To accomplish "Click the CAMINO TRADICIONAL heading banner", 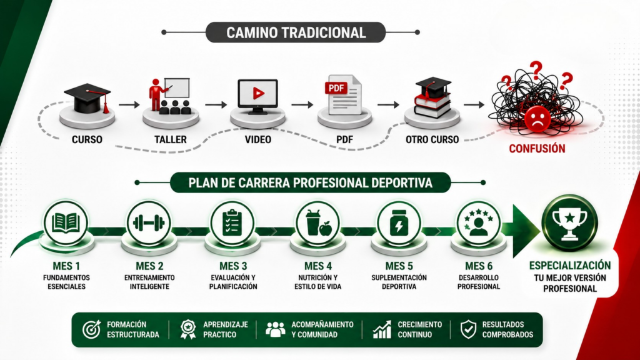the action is (296, 32).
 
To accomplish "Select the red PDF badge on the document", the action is (336, 88).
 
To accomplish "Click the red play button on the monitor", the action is (258, 94).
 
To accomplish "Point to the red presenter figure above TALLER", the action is (156, 95).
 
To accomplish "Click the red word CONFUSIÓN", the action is (537, 149).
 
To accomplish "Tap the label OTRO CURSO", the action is (432, 139).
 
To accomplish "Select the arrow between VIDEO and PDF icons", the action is (302, 105).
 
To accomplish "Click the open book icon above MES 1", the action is (66, 223).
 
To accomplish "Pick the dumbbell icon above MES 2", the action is (149, 223).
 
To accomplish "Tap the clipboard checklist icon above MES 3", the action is (232, 222).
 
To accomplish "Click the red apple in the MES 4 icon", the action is (326, 229).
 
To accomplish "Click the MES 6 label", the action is (479, 266).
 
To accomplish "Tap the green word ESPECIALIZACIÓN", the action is (570, 266).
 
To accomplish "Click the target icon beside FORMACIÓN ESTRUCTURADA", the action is (91, 329).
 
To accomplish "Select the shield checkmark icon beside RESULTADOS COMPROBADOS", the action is (468, 329).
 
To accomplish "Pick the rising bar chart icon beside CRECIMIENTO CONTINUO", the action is (382, 329).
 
